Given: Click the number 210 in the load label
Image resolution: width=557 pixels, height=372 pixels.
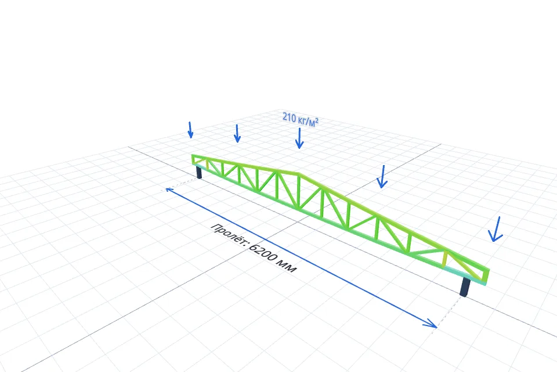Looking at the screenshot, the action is pyautogui.click(x=289, y=117).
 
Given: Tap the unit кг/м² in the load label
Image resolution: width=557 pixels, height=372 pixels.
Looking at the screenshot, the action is pyautogui.click(x=308, y=121).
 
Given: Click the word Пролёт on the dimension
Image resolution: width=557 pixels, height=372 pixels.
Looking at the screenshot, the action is pyautogui.click(x=229, y=235).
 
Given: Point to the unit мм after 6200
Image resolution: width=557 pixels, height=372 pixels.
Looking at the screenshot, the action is pyautogui.click(x=287, y=267).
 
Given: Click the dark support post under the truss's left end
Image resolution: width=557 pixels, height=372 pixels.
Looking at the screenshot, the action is pyautogui.click(x=199, y=173).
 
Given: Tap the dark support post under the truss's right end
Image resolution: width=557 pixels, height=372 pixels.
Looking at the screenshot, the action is pyautogui.click(x=465, y=287).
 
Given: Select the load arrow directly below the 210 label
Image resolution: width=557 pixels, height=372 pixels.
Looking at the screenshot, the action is pyautogui.click(x=299, y=138).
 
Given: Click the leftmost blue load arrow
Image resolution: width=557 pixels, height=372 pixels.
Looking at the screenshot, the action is pyautogui.click(x=190, y=130).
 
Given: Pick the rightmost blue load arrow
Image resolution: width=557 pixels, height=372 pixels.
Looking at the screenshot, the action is pyautogui.click(x=496, y=229).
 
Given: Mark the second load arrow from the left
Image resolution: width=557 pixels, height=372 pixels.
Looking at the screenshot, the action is pyautogui.click(x=237, y=134).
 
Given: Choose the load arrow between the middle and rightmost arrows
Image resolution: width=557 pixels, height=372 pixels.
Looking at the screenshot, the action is pyautogui.click(x=382, y=177).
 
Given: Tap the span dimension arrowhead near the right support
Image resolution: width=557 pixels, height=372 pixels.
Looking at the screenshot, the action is pyautogui.click(x=432, y=323).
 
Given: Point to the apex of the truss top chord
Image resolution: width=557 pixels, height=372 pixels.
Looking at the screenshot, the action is pyautogui.click(x=299, y=174).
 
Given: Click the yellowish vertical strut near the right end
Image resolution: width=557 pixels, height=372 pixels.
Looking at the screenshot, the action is pyautogui.click(x=445, y=259).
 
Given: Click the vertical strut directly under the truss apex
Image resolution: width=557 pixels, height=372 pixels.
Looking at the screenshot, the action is pyautogui.click(x=299, y=191).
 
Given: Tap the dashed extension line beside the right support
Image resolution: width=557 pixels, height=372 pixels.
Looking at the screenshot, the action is pyautogui.click(x=449, y=312).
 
